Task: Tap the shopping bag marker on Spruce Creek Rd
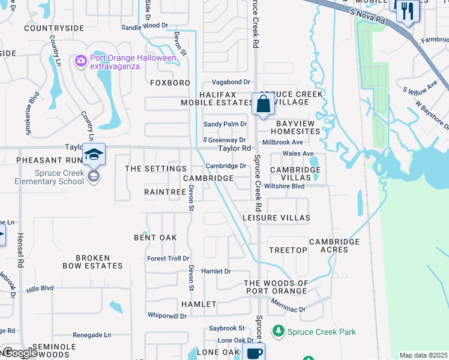(263, 104)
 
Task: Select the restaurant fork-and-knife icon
(408, 10)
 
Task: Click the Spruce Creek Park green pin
(278, 331)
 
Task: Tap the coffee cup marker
(254, 353)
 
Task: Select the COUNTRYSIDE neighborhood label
(54, 28)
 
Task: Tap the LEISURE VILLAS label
(276, 217)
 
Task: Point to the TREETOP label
(284, 250)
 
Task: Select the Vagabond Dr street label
(231, 82)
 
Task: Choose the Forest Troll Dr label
(168, 259)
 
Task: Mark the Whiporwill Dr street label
(167, 316)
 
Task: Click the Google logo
(20, 353)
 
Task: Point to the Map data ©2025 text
(423, 355)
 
